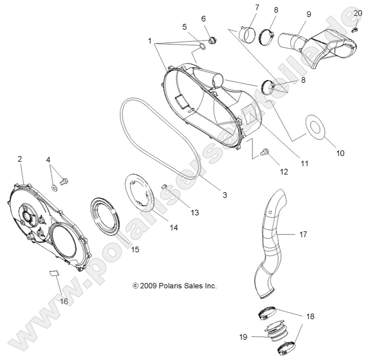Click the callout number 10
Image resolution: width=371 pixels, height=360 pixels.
(x=340, y=153)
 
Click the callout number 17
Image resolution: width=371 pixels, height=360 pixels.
(x=303, y=234)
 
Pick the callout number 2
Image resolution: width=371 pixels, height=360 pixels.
(x=19, y=159)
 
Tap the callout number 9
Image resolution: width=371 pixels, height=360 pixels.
(x=308, y=14)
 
